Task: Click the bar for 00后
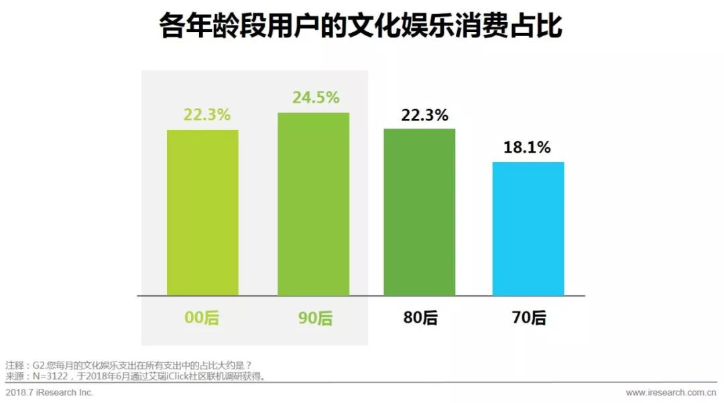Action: pos(202,212)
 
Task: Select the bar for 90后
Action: pos(313,204)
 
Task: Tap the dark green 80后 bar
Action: pos(420,212)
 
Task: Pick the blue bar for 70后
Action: pos(528,228)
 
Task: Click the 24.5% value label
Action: pos(316,98)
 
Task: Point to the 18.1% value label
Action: pos(527,148)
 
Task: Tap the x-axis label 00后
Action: pos(202,317)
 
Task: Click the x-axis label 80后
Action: pos(421,317)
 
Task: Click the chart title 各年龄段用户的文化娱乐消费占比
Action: pos(361,28)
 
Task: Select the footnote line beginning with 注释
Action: pos(128,366)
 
